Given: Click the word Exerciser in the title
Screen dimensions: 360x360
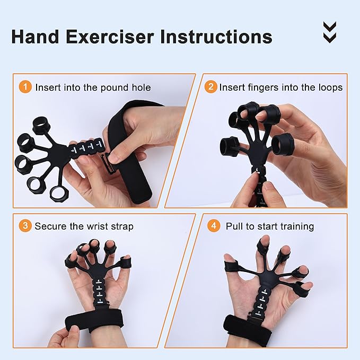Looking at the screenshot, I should (x=108, y=37).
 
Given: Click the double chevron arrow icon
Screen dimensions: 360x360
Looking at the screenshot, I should (x=329, y=32).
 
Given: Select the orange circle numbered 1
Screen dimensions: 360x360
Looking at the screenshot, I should (x=25, y=87).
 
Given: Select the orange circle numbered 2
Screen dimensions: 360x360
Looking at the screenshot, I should (x=211, y=87).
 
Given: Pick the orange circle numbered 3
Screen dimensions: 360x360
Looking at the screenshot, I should (x=25, y=226).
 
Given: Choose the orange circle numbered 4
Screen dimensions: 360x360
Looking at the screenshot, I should (x=214, y=226).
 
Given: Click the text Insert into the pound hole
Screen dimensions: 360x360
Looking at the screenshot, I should (x=93, y=87).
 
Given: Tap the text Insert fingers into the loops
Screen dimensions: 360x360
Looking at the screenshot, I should (x=281, y=87).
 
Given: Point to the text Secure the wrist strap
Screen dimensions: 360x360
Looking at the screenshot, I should (x=84, y=226).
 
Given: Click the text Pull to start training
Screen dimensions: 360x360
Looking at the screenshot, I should (x=270, y=226).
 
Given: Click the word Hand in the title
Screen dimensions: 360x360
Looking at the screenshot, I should (x=34, y=37).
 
